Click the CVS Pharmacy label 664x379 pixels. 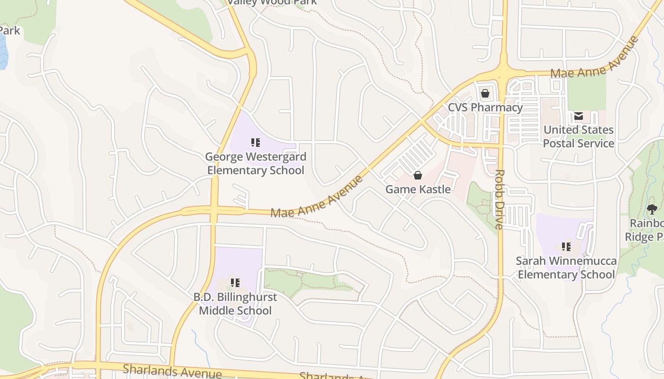click(485, 108)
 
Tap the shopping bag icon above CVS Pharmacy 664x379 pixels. click(485, 93)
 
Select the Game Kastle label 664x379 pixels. click(418, 189)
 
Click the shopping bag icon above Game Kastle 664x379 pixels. click(418, 176)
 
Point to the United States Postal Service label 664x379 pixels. click(578, 136)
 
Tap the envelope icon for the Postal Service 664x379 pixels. click(579, 116)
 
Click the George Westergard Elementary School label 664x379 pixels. click(256, 163)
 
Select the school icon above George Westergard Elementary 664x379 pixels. click(256, 142)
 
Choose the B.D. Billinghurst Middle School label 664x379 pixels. click(235, 304)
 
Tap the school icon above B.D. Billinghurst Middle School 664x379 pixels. click(235, 283)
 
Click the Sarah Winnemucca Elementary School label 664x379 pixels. click(566, 268)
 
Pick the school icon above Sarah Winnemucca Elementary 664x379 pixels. click(566, 247)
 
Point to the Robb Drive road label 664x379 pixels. click(499, 199)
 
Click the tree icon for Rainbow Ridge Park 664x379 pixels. click(652, 209)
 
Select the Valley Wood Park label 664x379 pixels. click(272, 2)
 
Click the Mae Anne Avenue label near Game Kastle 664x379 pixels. click(317, 198)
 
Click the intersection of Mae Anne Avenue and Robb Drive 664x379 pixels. click(503, 73)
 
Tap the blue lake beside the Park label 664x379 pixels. click(3, 52)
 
